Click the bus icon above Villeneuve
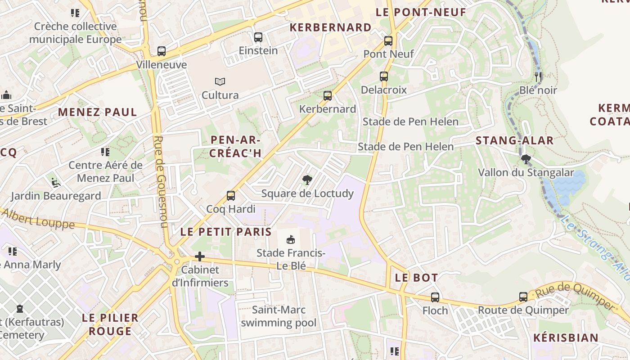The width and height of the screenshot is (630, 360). pyautogui.click(x=162, y=51)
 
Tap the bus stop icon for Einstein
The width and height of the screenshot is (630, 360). pyautogui.click(x=258, y=37)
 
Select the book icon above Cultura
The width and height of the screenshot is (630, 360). pyautogui.click(x=220, y=81)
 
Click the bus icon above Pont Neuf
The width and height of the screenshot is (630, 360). pyautogui.click(x=388, y=41)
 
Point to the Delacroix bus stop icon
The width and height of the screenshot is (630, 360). pyautogui.click(x=384, y=76)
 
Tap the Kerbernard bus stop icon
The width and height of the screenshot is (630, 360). pyautogui.click(x=328, y=96)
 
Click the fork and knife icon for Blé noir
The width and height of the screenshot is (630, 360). pyautogui.click(x=538, y=76)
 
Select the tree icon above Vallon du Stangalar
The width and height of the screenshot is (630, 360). pyautogui.click(x=525, y=159)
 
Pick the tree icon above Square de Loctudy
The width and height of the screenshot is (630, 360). pyautogui.click(x=307, y=180)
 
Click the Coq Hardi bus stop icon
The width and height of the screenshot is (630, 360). pyautogui.click(x=231, y=196)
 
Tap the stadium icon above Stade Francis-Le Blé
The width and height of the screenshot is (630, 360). pyautogui.click(x=291, y=239)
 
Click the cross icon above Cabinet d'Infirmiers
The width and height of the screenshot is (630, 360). pyautogui.click(x=200, y=256)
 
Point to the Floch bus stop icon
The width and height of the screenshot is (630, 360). pyautogui.click(x=435, y=297)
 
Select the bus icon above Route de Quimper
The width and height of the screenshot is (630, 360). pyautogui.click(x=523, y=297)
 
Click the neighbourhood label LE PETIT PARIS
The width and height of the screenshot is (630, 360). pyautogui.click(x=226, y=232)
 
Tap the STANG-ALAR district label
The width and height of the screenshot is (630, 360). pyautogui.click(x=514, y=140)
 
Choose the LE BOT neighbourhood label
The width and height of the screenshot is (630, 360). pyautogui.click(x=416, y=278)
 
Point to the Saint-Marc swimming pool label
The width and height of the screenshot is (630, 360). pyautogui.click(x=279, y=316)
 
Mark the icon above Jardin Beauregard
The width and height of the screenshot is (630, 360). pyautogui.click(x=56, y=182)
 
